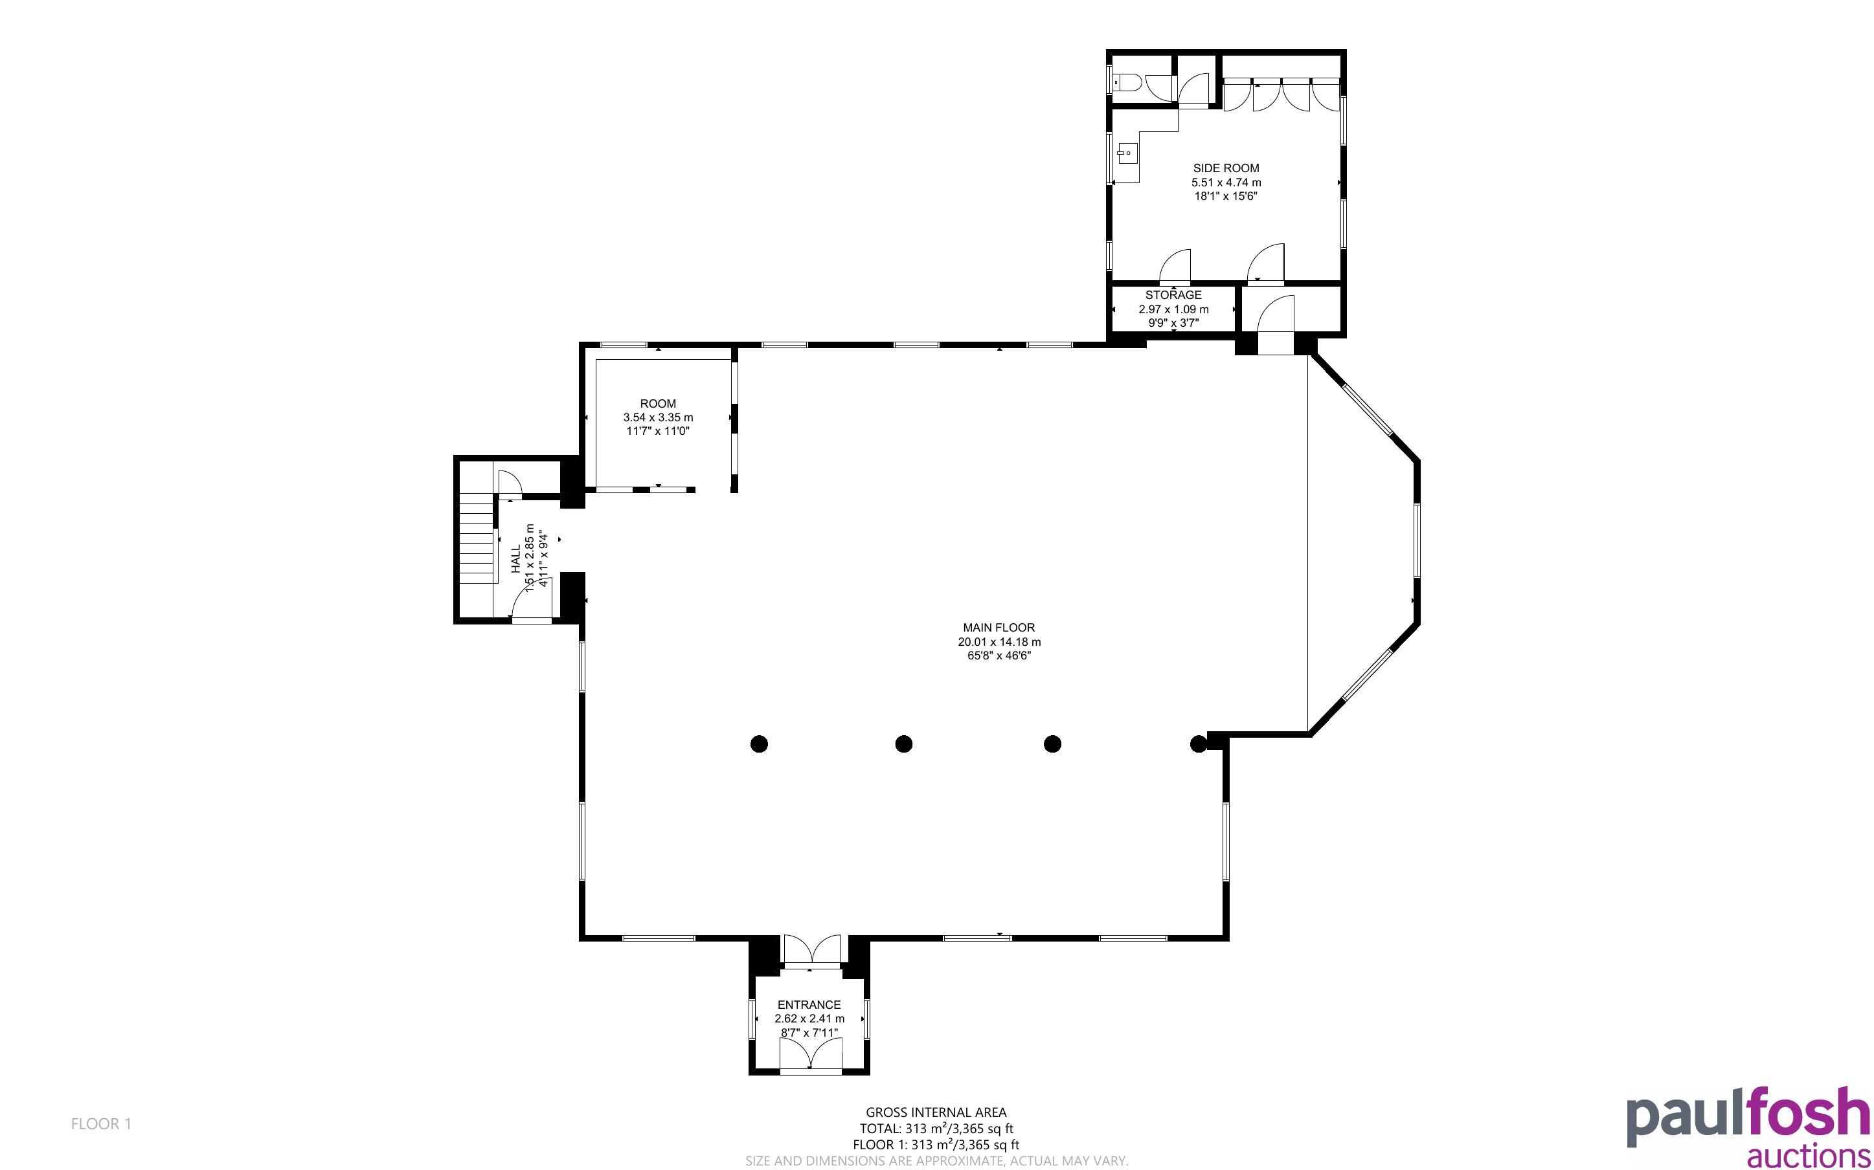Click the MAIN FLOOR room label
[x=999, y=628]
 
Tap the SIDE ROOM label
[x=1226, y=168]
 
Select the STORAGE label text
[x=1173, y=295]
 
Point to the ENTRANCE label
[x=809, y=1004]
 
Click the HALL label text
[x=516, y=558]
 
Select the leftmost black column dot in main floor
[x=760, y=744]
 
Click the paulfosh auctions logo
[x=1748, y=1127]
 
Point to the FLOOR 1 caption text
[x=102, y=1123]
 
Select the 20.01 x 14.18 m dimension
[x=999, y=641]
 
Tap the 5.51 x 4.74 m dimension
[x=1226, y=182]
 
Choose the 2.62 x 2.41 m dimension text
[x=809, y=1019]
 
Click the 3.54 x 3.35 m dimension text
[x=658, y=417]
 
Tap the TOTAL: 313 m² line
[x=936, y=1128]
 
